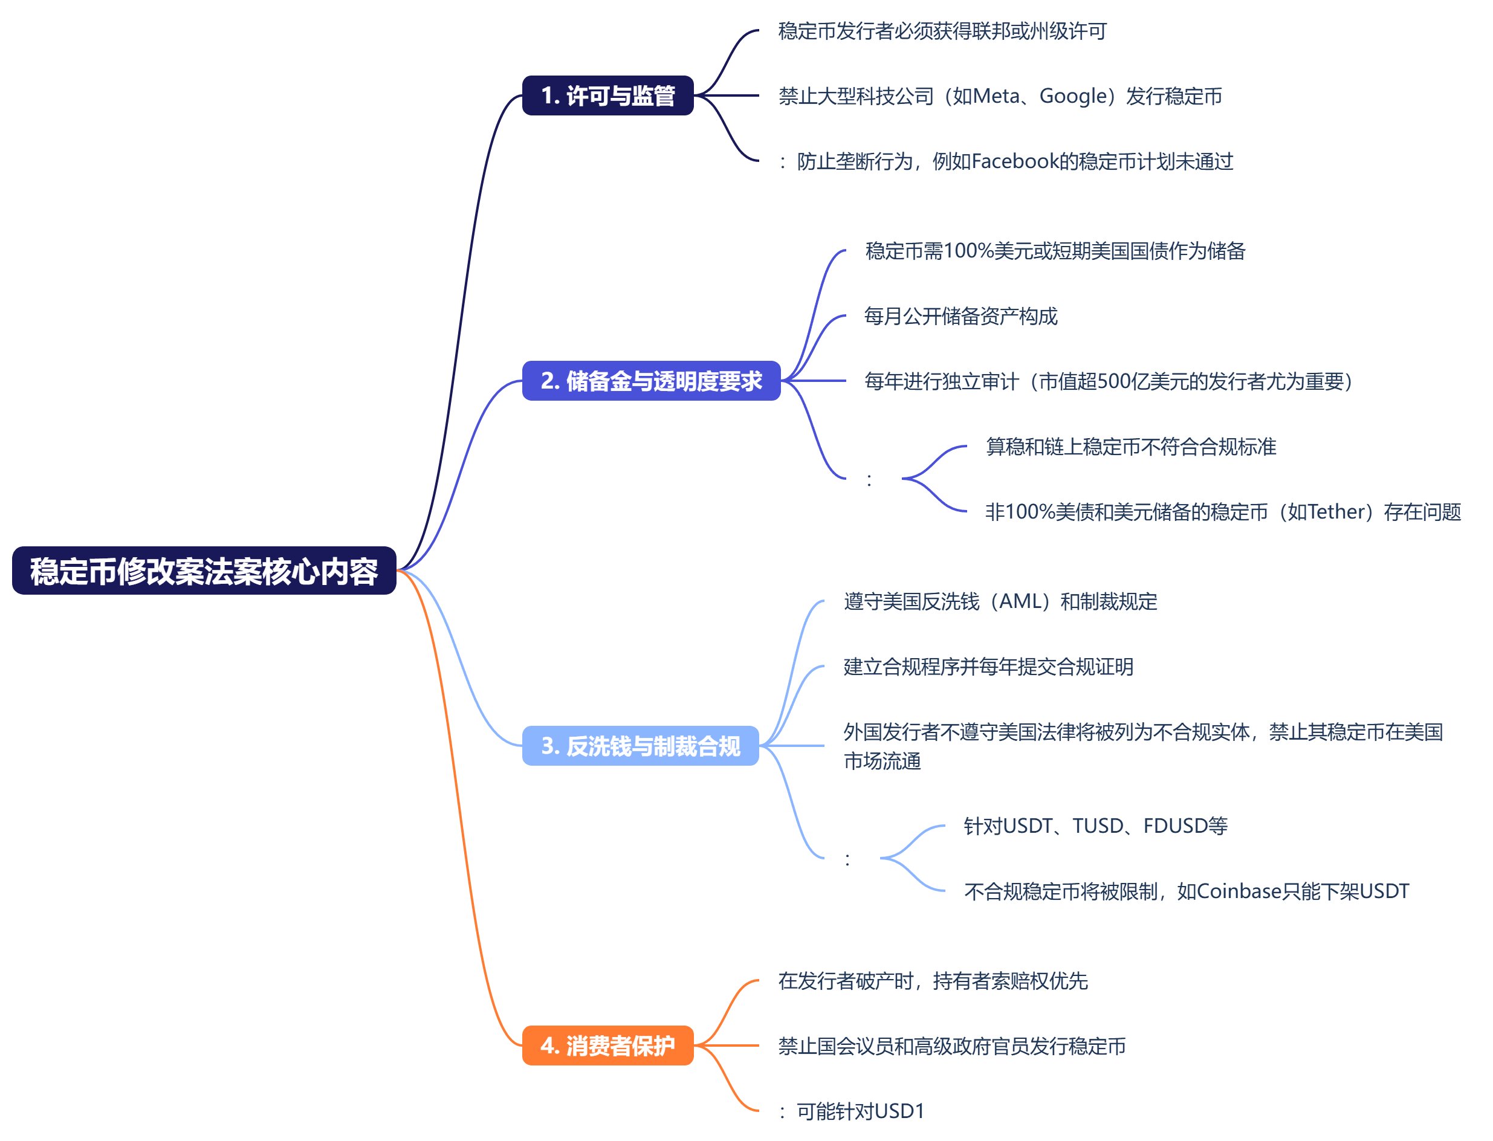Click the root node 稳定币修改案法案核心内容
[204, 570]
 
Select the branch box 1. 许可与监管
[607, 95]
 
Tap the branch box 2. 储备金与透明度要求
[651, 381]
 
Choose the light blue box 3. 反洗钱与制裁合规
[640, 746]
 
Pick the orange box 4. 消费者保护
[607, 1046]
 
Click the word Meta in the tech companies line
[997, 95]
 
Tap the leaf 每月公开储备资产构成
[960, 316]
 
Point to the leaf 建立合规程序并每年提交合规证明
[988, 666]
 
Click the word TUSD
[1098, 826]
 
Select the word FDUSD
[1176, 826]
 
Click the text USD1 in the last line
[899, 1111]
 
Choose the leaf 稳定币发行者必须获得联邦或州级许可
[942, 31]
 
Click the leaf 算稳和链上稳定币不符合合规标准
[1131, 446]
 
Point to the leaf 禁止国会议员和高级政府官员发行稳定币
[951, 1046]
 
